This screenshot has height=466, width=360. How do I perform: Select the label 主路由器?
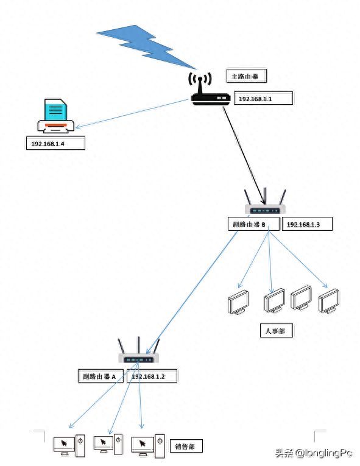tap(247, 76)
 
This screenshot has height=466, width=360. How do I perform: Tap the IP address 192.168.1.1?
tap(263, 98)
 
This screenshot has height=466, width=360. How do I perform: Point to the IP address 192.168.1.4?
tap(54, 144)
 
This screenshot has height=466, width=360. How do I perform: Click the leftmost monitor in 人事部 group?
tap(238, 302)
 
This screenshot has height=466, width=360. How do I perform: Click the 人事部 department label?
tap(275, 331)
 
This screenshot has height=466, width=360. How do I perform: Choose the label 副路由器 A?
tap(100, 376)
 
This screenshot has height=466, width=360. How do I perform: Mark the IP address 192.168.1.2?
tap(152, 376)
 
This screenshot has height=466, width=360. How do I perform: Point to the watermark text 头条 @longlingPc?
tap(313, 453)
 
